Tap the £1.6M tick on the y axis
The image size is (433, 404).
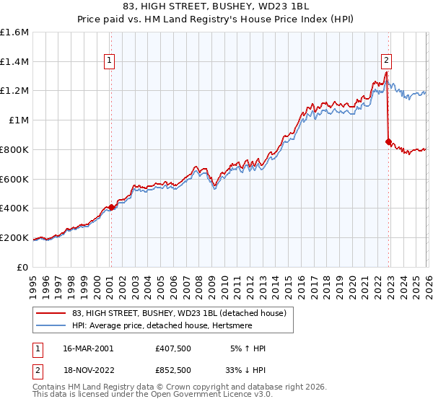pyautogui.click(x=14, y=32)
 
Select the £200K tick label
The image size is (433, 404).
pyautogui.click(x=14, y=237)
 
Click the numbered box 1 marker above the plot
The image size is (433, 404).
pyautogui.click(x=110, y=61)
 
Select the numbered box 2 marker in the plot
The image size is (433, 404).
pyautogui.click(x=387, y=61)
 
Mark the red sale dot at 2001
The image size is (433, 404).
pyautogui.click(x=111, y=207)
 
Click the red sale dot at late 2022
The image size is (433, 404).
pyautogui.click(x=388, y=142)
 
